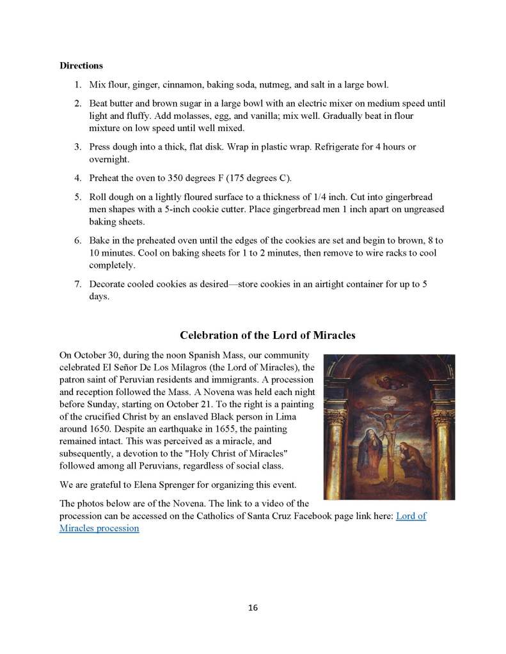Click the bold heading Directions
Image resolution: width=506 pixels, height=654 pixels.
pyautogui.click(x=81, y=65)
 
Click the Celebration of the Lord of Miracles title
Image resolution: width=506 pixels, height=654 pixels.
pyautogui.click(x=267, y=336)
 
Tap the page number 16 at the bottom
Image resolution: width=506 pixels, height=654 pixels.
pyautogui.click(x=253, y=608)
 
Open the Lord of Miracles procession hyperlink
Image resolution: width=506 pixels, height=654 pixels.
pyautogui.click(x=411, y=516)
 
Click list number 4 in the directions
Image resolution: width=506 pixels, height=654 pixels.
pyautogui.click(x=77, y=177)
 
